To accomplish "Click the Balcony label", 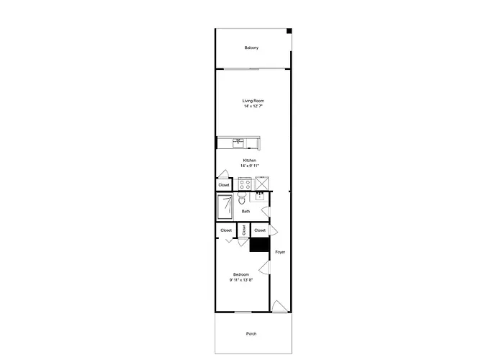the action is tap(251, 48).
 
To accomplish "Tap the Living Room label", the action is tap(253, 101).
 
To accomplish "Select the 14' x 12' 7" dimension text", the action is tap(253, 106).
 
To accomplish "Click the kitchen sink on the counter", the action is tap(238, 143).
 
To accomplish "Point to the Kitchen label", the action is tap(249, 161).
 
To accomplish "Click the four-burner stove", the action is tap(245, 184).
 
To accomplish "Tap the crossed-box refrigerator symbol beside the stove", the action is tap(262, 184).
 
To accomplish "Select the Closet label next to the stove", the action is tap(224, 185).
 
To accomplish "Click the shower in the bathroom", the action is tap(225, 207).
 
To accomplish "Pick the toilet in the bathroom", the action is tap(241, 198).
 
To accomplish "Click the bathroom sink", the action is tap(260, 196).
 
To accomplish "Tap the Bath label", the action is tap(246, 212).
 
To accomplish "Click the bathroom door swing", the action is tap(266, 212).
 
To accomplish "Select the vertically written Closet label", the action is tap(243, 230).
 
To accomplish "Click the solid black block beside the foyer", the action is tap(259, 245).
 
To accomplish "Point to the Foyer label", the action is tap(280, 252).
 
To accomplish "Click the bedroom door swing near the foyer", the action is tap(264, 267).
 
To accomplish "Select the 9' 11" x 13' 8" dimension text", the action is tap(241, 280).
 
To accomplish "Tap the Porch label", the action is tap(251, 334).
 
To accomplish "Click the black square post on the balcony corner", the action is tap(289, 31).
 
